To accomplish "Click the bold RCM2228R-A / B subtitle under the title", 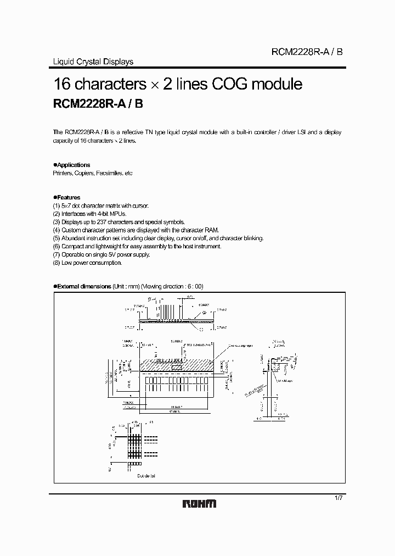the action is (x=98, y=105).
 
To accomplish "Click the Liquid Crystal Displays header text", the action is (x=92, y=62).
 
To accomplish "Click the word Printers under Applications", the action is (x=62, y=173).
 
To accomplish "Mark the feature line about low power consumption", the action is (x=87, y=263).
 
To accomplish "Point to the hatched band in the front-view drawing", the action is (x=176, y=365).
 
